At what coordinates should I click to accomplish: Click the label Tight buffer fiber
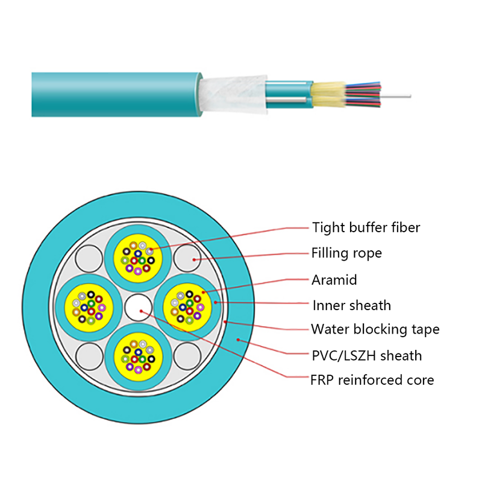coord(366,227)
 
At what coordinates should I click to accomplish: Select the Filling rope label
coord(346,253)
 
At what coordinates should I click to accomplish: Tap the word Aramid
coord(334,279)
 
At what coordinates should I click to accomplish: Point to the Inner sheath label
coord(351,305)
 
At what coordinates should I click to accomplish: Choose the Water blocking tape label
coord(375,329)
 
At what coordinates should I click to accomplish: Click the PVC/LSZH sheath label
coord(366,355)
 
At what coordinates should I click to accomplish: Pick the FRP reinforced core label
coord(372,380)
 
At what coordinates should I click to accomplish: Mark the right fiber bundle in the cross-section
coord(187,306)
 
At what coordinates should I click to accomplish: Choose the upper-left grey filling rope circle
coord(90,259)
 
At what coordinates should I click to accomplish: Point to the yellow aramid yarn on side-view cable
coord(330,95)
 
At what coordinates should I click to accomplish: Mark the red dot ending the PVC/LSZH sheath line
coord(239,340)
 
